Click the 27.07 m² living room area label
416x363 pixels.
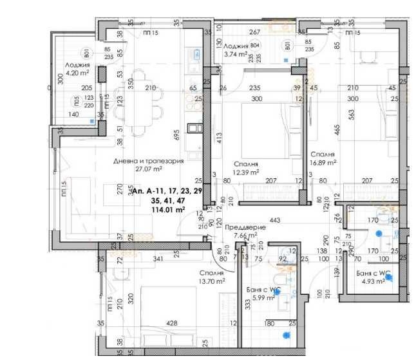(x=148, y=170)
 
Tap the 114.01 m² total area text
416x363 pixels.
(x=167, y=209)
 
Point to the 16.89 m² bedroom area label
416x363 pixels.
(x=325, y=163)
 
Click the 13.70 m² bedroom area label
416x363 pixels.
(x=211, y=281)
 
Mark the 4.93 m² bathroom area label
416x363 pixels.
(x=372, y=281)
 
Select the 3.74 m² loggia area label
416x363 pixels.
(x=235, y=55)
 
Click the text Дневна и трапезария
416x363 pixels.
(x=148, y=161)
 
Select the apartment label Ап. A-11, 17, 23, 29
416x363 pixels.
(x=166, y=191)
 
